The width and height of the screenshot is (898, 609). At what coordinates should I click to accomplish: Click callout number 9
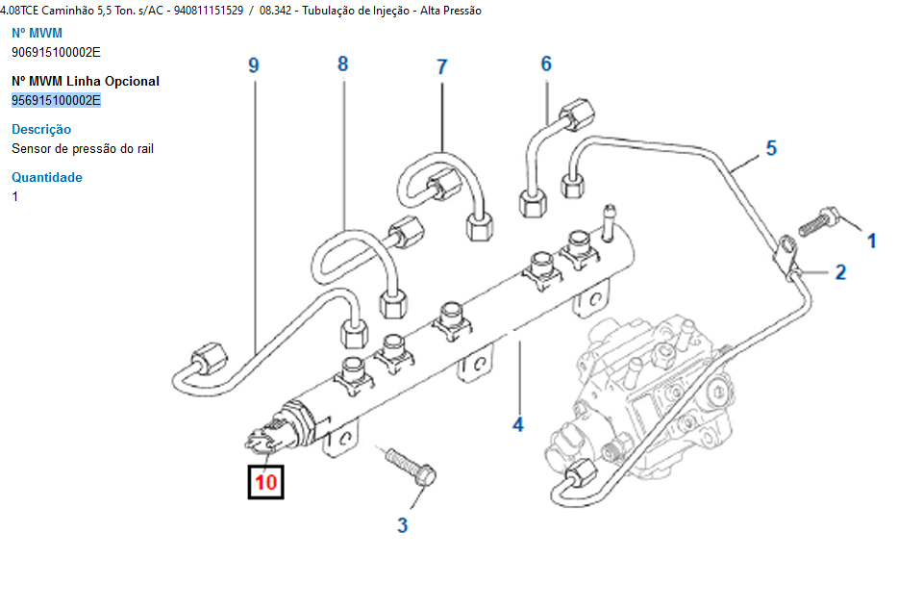click(254, 65)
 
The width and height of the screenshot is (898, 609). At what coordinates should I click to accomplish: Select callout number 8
click(342, 64)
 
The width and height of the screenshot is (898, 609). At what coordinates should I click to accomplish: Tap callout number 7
click(442, 66)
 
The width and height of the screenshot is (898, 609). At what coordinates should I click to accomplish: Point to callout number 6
click(546, 64)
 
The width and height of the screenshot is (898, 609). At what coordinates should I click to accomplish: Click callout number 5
click(771, 148)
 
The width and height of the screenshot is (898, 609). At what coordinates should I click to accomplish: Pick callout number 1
click(872, 241)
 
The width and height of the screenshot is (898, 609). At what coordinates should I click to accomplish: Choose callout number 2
click(840, 272)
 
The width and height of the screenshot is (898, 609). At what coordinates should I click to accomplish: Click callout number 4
click(518, 423)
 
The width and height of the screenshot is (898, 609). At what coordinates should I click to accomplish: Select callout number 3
click(403, 524)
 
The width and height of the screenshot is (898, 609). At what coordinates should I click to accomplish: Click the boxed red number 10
click(265, 482)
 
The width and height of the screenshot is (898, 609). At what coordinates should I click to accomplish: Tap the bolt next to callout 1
click(818, 220)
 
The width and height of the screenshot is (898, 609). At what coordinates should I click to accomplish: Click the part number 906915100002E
click(56, 52)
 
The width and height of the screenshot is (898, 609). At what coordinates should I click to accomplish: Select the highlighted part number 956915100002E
click(56, 100)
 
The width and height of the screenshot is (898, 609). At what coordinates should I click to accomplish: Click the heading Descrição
click(41, 129)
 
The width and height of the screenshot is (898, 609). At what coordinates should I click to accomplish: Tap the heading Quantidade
click(47, 177)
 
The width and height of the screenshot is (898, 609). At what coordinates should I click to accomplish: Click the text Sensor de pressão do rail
click(83, 148)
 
